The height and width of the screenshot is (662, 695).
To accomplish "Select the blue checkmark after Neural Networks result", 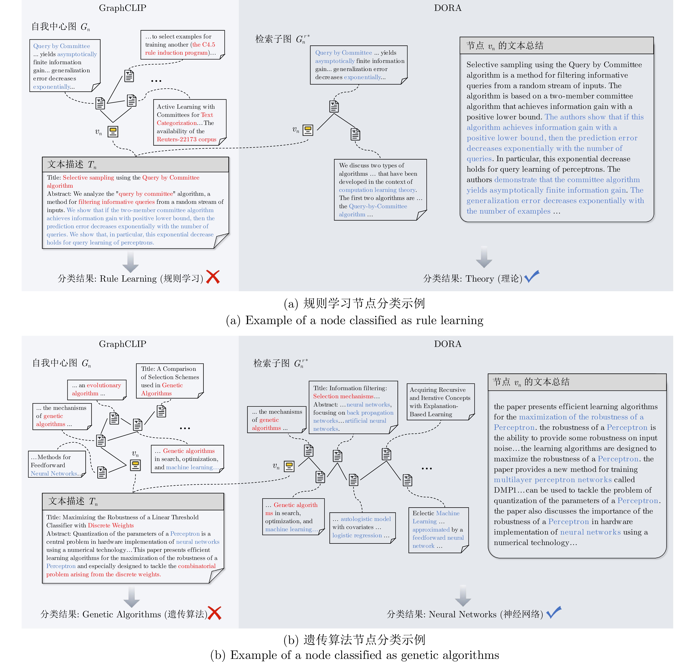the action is tap(554, 612).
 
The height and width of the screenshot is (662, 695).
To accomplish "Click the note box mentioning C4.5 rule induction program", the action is tap(182, 45).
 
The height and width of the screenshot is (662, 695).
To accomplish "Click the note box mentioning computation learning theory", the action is tap(380, 190).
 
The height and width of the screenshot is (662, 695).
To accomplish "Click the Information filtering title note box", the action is tap(353, 408).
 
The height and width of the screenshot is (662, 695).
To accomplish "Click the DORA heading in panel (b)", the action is tap(447, 344).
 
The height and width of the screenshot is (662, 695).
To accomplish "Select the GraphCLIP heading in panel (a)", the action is tap(122, 8).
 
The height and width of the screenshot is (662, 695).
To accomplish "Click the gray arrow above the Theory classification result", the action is tap(484, 257).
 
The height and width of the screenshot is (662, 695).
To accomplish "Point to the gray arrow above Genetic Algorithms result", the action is tap(132, 597).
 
